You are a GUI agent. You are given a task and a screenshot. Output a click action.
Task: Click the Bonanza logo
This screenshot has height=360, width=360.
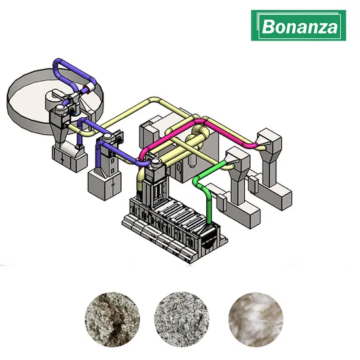300,26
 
